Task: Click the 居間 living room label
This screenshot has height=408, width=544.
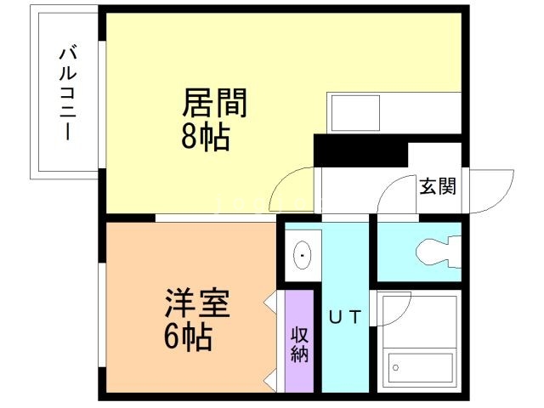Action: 215,105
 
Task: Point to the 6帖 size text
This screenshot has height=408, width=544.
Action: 188,337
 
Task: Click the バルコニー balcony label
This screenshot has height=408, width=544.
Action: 65,94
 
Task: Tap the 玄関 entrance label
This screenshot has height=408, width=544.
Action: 437,186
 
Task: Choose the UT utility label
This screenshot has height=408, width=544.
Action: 346,318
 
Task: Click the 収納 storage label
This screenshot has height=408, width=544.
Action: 298,343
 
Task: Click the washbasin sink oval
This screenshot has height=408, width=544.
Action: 302,253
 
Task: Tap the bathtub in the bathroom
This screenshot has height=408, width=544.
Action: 421,367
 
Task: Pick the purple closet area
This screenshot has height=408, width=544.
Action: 298,340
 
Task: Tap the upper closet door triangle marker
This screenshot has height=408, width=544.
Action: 271,301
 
